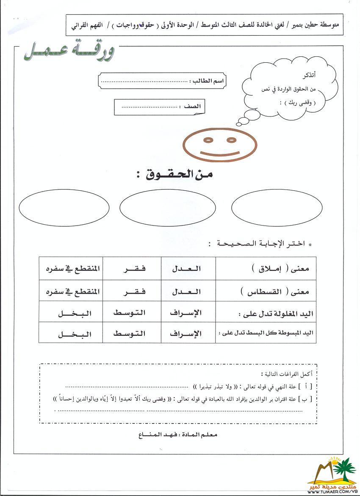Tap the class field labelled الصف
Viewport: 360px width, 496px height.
pyautogui.click(x=159, y=107)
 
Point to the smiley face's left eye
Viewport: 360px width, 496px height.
pyautogui.click(x=208, y=139)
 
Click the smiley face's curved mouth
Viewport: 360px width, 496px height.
pyautogui.click(x=219, y=153)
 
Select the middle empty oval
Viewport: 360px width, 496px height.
pyautogui.click(x=162, y=208)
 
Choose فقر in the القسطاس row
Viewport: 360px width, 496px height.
pyautogui.click(x=131, y=292)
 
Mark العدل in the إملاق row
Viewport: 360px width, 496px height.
pyautogui.click(x=186, y=269)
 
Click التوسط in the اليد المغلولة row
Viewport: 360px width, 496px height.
pyautogui.click(x=130, y=313)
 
